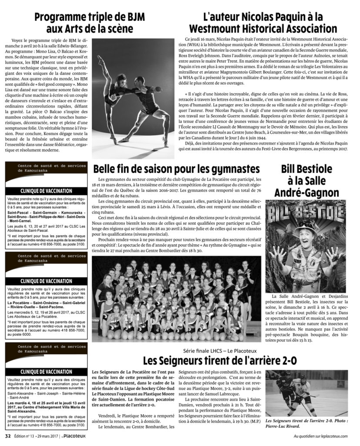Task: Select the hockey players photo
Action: tap(307, 393)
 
